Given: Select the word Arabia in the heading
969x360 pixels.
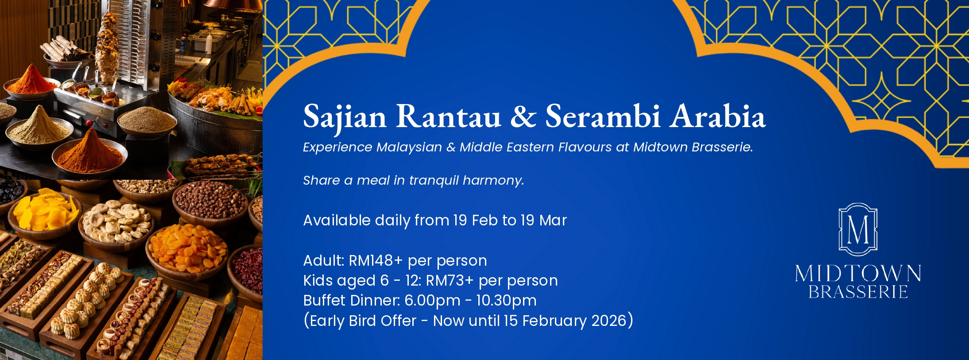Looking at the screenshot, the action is (x=717, y=116).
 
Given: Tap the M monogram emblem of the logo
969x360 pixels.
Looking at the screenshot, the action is (x=858, y=229).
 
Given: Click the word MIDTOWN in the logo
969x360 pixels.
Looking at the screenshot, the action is (x=858, y=273).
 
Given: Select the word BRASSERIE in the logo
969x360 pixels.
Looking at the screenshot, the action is (x=858, y=292).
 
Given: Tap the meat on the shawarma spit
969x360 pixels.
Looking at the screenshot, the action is (x=108, y=49).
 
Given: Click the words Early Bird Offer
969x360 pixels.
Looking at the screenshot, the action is (x=363, y=321).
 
